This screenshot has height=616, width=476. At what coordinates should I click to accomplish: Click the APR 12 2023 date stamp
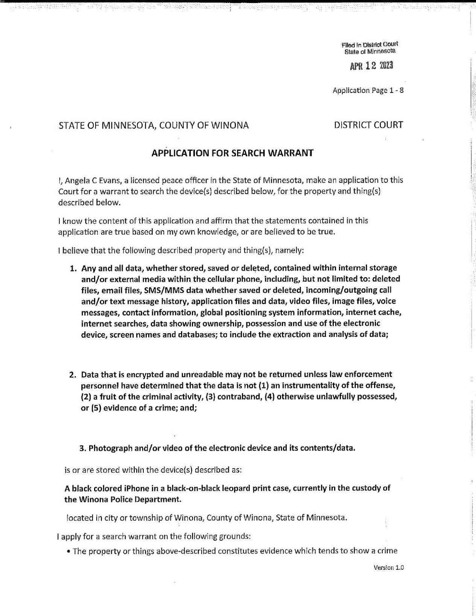[371, 66]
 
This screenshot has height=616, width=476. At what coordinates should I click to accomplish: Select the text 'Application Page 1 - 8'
[368, 90]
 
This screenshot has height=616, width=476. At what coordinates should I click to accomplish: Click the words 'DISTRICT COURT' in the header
[368, 125]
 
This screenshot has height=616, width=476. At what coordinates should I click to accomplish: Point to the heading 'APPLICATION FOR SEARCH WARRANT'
[232, 153]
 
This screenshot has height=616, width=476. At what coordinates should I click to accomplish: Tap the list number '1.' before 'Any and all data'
[73, 269]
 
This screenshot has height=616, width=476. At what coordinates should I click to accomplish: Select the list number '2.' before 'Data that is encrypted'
[73, 375]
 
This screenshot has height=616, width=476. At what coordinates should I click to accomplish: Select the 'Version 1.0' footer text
[388, 567]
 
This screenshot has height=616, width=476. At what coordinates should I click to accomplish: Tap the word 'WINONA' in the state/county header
[230, 125]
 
